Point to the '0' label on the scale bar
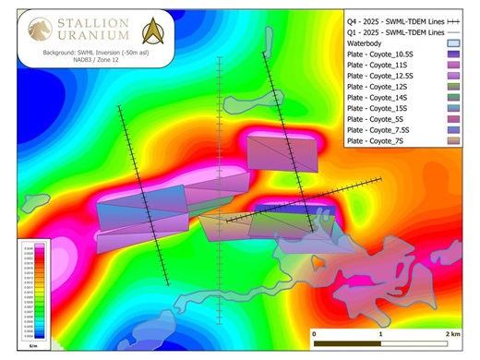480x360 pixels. [315, 332]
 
